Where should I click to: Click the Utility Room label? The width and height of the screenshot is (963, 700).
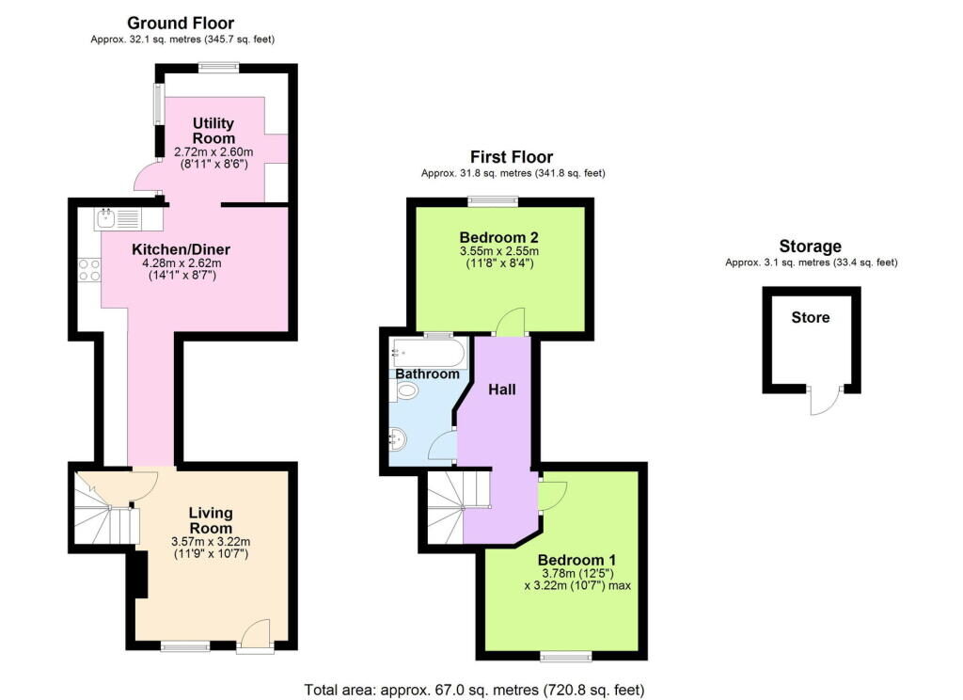click(x=213, y=131)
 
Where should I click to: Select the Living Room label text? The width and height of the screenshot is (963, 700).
click(x=210, y=520)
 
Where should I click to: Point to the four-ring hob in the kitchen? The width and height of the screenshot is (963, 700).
click(x=89, y=270)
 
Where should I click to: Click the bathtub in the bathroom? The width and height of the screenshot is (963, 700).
click(x=427, y=352)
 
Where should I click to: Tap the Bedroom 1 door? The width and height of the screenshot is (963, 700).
click(x=550, y=494)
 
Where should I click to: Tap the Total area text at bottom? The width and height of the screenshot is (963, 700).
click(x=474, y=690)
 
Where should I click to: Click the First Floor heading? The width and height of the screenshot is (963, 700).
click(x=512, y=157)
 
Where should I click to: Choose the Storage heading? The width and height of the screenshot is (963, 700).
click(x=810, y=247)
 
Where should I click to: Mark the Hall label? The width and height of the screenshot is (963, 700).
click(x=501, y=389)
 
